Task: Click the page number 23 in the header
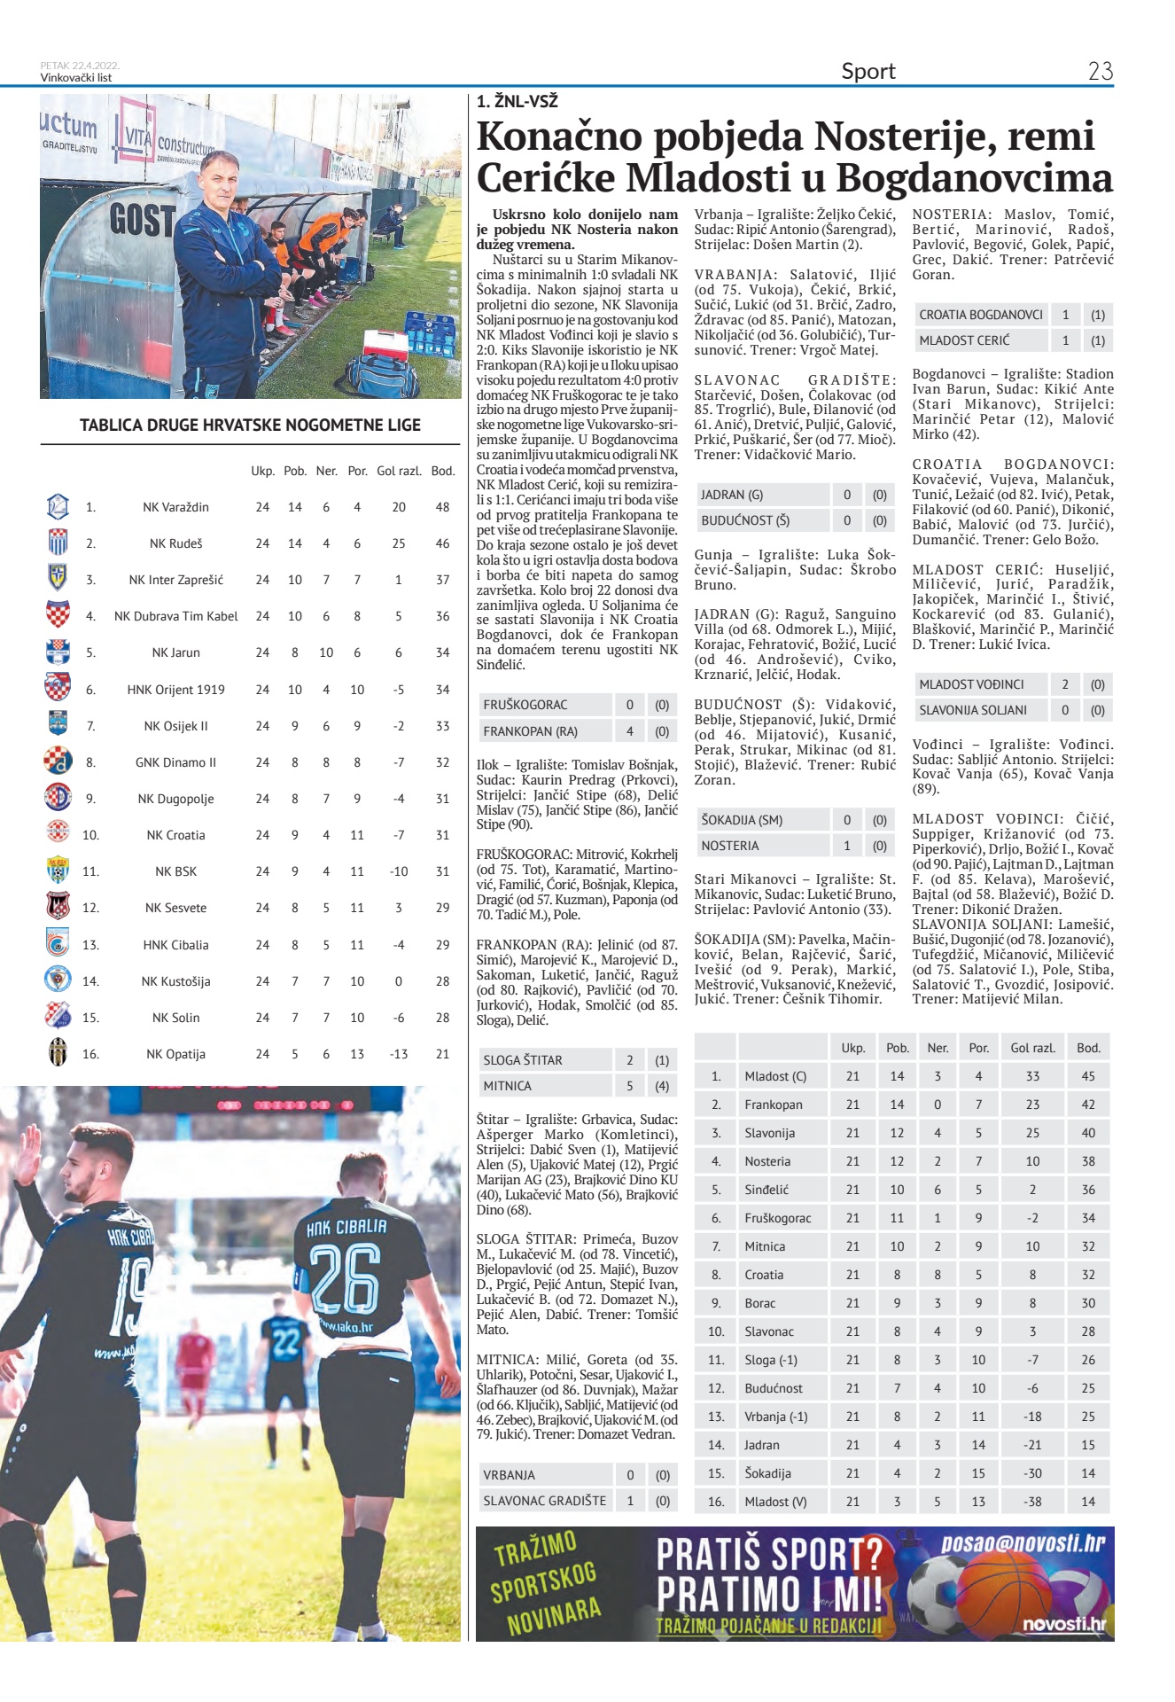(1100, 71)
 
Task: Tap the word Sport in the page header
(868, 71)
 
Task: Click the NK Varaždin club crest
(58, 506)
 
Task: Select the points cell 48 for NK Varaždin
(442, 507)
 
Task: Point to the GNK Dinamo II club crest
(58, 761)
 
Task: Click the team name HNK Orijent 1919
(175, 690)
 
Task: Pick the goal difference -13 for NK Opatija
(399, 1054)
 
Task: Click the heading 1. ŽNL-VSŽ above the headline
(517, 101)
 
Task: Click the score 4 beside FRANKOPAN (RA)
(630, 731)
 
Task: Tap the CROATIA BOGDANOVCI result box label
(980, 315)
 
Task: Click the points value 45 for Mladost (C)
(1088, 1076)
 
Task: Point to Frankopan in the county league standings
(774, 1105)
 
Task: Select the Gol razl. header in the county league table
(1032, 1048)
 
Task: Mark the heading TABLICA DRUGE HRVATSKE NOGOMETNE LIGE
(250, 425)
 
